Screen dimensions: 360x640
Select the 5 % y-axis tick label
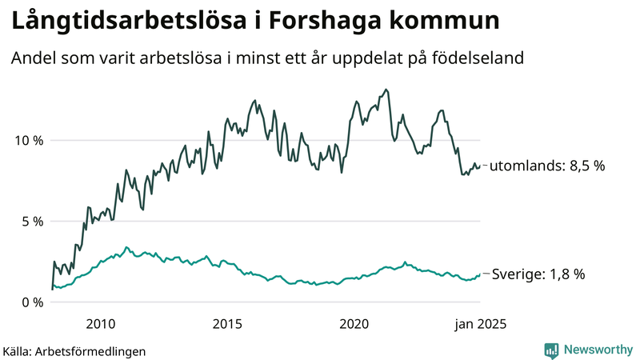tap(31, 221)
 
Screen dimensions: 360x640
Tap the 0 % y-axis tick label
tap(31, 302)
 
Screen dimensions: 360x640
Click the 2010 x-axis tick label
tap(99, 324)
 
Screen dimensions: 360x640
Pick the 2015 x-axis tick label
tap(227, 324)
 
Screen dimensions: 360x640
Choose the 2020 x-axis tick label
tap(354, 324)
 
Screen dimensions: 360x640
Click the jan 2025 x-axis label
tap(480, 324)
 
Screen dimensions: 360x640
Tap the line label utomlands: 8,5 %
tap(546, 166)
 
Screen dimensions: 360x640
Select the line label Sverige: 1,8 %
tap(537, 274)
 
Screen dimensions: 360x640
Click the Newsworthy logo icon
tap(551, 350)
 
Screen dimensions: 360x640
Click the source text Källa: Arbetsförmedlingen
tap(74, 350)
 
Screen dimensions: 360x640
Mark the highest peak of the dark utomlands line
tap(387, 90)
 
